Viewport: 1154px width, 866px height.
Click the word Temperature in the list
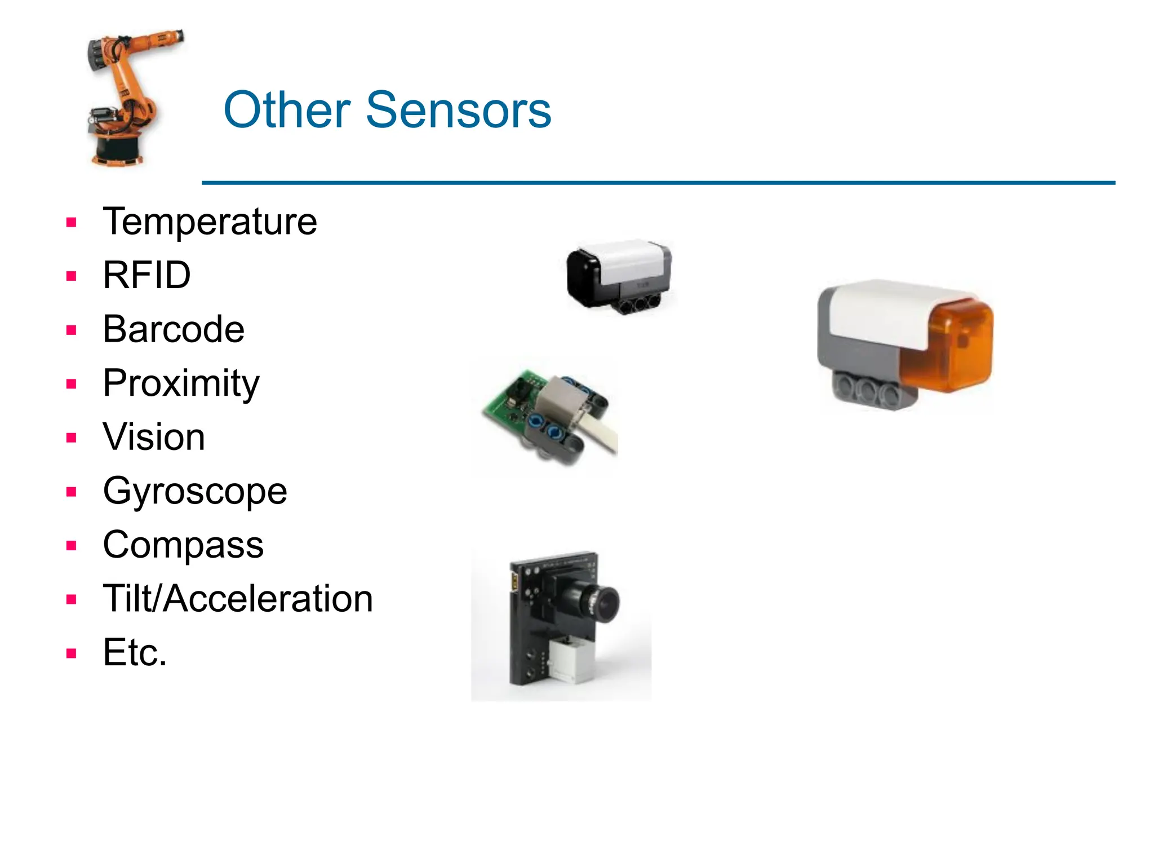click(210, 222)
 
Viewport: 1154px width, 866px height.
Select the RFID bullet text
click(147, 276)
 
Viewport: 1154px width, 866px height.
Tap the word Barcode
click(174, 330)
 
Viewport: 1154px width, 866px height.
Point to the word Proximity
click(181, 384)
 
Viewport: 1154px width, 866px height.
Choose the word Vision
click(154, 438)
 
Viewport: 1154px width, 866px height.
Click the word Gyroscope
click(195, 492)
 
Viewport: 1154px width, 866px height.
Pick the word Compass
click(183, 545)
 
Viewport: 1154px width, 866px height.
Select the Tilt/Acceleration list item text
click(238, 599)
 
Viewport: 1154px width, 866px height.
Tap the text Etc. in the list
click(135, 653)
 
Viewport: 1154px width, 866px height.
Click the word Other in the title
click(287, 110)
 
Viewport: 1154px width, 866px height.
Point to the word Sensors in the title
click(458, 110)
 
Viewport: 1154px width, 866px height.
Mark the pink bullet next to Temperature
click(71, 223)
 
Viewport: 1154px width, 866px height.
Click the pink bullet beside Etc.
click(71, 654)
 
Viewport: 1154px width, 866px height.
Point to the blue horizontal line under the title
click(658, 183)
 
